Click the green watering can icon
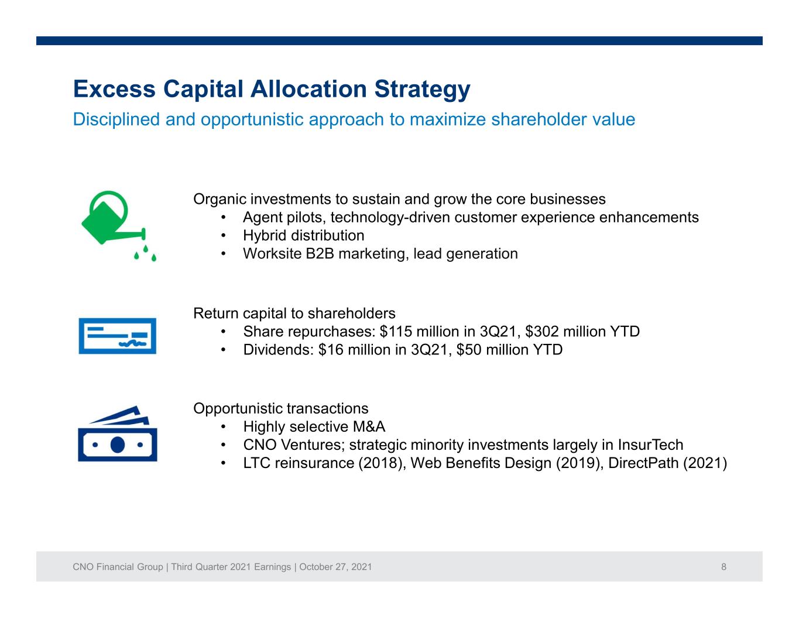pyautogui.click(x=110, y=221)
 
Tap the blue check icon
pyautogui.click(x=117, y=336)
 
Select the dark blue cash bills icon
pyautogui.click(x=117, y=433)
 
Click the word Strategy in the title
pyautogui.click(x=422, y=90)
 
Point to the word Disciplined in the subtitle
pyautogui.click(x=116, y=119)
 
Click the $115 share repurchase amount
pyautogui.click(x=396, y=332)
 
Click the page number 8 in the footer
pyautogui.click(x=723, y=567)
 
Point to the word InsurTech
pyautogui.click(x=650, y=445)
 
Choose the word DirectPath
pyautogui.click(x=643, y=463)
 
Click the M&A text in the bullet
pyautogui.click(x=369, y=426)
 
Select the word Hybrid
pyautogui.click(x=265, y=236)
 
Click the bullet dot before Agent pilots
pyautogui.click(x=223, y=218)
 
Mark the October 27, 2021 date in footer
pyautogui.click(x=335, y=567)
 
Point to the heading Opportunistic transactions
pyautogui.click(x=280, y=409)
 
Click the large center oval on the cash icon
pyautogui.click(x=117, y=445)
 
